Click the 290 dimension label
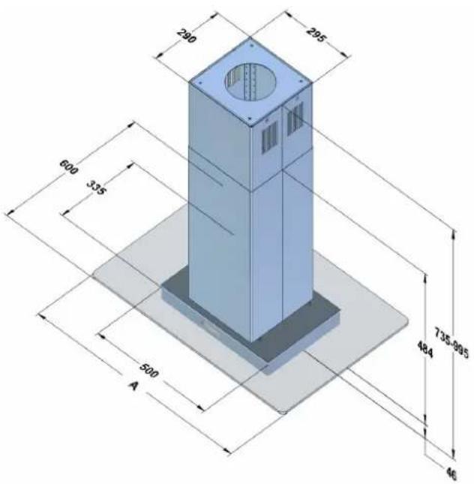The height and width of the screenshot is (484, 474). click(x=187, y=36)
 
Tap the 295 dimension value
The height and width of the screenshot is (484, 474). click(x=316, y=35)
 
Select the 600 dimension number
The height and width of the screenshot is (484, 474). click(x=69, y=167)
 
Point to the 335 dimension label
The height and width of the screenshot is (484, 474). click(x=96, y=188)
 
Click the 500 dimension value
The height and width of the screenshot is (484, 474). click(x=149, y=370)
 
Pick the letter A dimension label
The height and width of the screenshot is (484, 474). click(x=133, y=385)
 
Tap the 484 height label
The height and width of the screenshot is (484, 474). click(x=425, y=349)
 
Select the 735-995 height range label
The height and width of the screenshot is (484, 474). click(x=451, y=343)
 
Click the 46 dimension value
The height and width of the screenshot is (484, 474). click(x=451, y=473)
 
